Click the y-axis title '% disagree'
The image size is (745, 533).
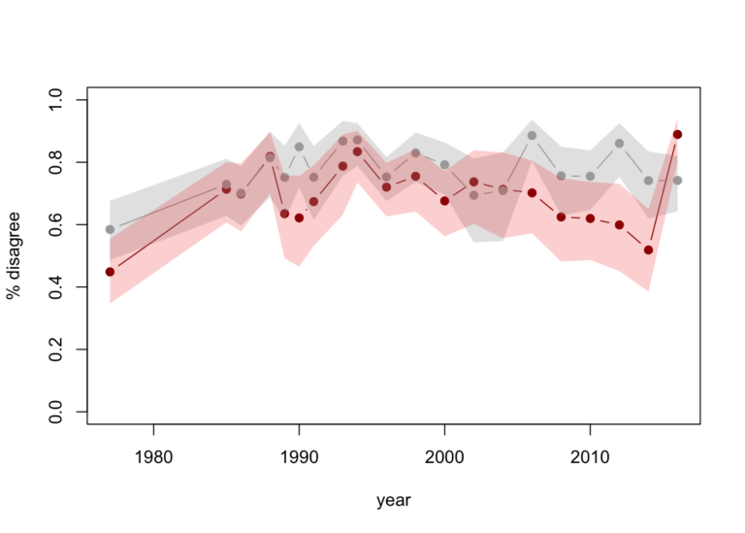(16, 255)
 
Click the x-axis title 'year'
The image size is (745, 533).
(394, 501)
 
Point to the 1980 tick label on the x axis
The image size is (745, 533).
(153, 456)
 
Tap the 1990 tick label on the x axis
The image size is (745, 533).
(299, 456)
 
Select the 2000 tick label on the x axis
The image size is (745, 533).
(444, 456)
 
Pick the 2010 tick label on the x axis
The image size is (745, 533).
(590, 456)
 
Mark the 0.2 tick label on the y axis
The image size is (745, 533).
(55, 350)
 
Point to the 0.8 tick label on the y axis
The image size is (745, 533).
(55, 162)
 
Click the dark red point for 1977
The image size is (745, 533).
(110, 272)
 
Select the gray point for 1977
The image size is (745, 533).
(110, 229)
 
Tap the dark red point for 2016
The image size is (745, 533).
(678, 134)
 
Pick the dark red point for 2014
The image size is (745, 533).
(648, 250)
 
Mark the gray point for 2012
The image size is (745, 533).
(619, 144)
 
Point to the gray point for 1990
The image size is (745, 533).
(299, 147)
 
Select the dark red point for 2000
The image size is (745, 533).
(444, 201)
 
